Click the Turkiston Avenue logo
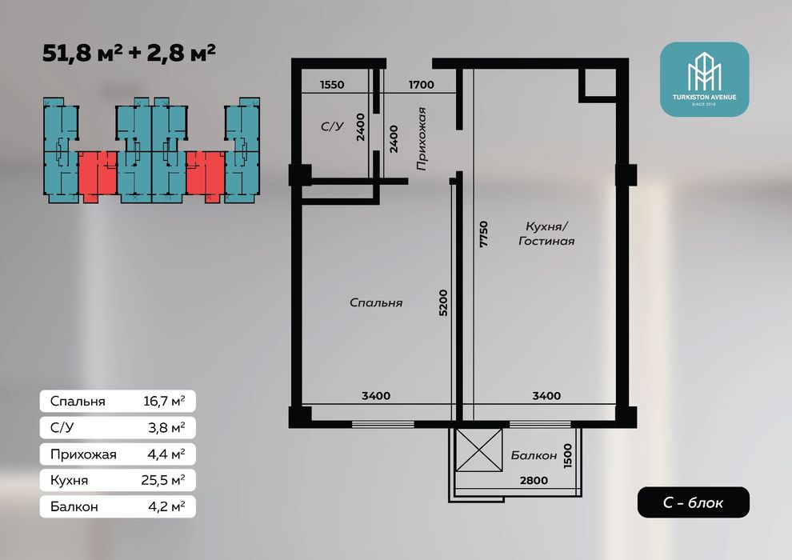point(704,79)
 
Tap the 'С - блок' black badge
point(693,502)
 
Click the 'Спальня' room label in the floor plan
point(376,303)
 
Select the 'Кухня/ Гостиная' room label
point(546,234)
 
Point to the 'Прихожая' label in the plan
point(422,139)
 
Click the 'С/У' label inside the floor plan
point(332,126)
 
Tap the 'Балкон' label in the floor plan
point(534,455)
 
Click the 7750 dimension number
point(484,234)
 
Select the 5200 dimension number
point(443,303)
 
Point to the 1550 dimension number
point(332,85)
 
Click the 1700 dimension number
point(422,85)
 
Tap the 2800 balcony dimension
point(534,480)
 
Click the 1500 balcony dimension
point(568,455)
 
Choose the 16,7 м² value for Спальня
point(164,402)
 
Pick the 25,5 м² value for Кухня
point(163,480)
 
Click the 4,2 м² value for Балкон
point(166,506)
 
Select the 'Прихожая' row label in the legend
point(83,454)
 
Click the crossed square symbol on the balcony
point(479,450)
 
